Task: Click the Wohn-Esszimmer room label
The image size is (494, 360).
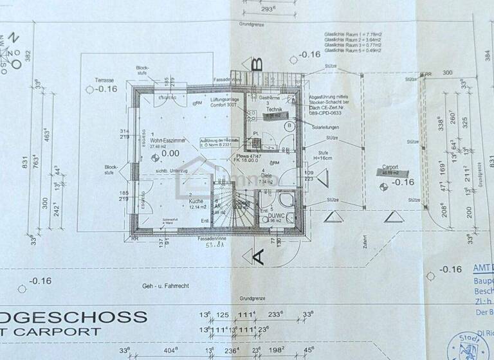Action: point(169,139)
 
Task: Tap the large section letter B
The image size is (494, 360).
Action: point(257,64)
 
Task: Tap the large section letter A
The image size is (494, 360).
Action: point(257,257)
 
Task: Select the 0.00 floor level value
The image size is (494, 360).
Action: point(170,154)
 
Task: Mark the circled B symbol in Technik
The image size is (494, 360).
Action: point(289,127)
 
